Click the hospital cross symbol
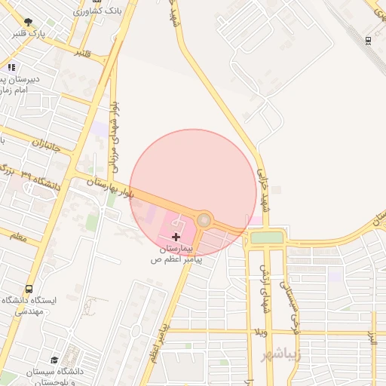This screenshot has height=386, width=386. [x=176, y=237]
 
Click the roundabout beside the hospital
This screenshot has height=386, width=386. [x=204, y=220]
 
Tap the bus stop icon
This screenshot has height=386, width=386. [x=29, y=288]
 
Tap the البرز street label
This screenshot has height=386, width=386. [x=372, y=335]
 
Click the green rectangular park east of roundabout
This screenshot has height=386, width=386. [x=266, y=237]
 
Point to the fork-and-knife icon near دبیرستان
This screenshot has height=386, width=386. [x=11, y=67]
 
